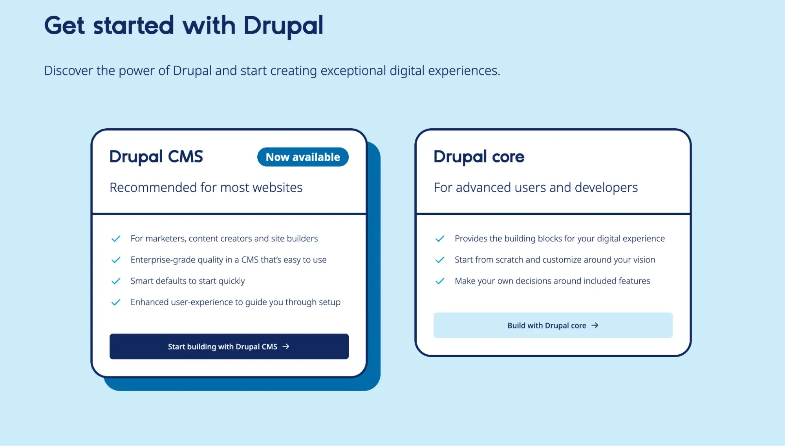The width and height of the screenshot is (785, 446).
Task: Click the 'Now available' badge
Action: point(303,157)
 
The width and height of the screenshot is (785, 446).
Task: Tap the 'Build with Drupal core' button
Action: point(553,325)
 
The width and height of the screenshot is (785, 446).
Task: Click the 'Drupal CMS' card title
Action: point(156,157)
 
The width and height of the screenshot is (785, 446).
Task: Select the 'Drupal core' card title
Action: point(479,157)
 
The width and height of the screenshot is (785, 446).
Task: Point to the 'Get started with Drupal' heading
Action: point(183,26)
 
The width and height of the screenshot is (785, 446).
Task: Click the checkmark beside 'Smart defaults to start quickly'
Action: point(116,281)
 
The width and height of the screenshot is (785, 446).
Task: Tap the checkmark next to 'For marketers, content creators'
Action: point(116,239)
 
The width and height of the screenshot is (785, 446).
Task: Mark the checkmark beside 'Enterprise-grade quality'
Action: point(116,260)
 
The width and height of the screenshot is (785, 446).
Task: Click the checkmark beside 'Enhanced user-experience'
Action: point(116,302)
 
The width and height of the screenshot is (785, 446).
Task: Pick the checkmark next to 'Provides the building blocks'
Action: point(440,239)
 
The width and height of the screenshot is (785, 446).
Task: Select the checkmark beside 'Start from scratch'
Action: point(440,260)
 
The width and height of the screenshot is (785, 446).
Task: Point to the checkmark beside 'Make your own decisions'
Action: point(440,281)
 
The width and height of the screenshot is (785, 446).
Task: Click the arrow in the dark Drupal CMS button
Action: point(286,346)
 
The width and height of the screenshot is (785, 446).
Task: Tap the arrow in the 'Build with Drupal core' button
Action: point(595,325)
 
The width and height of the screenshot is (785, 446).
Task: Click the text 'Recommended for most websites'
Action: point(206,188)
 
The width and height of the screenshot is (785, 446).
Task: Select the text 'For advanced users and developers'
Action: point(536,188)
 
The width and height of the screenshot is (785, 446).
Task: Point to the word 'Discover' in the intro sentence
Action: point(68,71)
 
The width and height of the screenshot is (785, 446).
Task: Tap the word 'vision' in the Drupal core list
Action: point(644,260)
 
